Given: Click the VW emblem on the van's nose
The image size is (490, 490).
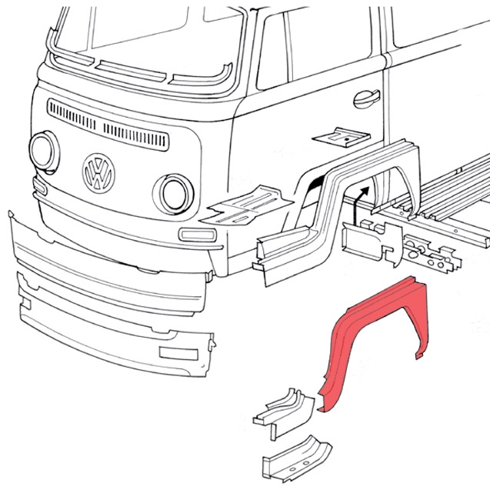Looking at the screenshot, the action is pyautogui.click(x=98, y=173).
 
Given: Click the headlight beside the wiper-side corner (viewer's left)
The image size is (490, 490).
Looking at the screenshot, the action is pyautogui.click(x=45, y=152).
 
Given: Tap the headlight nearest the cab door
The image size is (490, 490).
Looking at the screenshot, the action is pyautogui.click(x=174, y=194).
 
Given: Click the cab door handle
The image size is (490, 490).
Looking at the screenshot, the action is pyautogui.click(x=367, y=98).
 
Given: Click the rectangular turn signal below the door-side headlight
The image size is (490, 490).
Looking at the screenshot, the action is pyautogui.click(x=198, y=235).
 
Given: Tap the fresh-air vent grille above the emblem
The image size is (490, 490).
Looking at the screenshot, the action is pyautogui.click(x=108, y=125).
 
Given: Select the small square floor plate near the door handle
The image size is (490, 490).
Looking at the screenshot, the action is pyautogui.click(x=342, y=137).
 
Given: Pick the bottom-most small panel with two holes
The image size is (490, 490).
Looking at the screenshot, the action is pyautogui.click(x=297, y=458).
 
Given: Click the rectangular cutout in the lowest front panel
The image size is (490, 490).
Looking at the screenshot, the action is pyautogui.click(x=178, y=353).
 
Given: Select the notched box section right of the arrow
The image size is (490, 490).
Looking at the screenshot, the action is pyautogui.click(x=372, y=242).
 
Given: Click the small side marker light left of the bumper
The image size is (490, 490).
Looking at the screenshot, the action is pyautogui.click(x=40, y=186).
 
